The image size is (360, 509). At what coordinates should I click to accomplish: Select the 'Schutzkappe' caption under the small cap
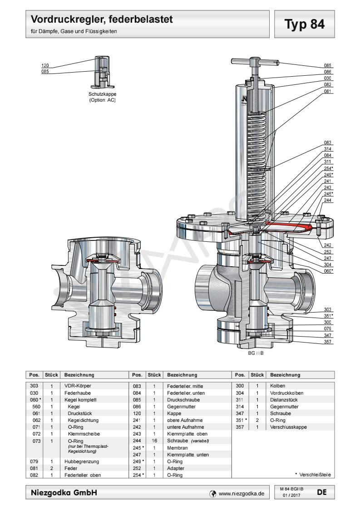click(102, 95)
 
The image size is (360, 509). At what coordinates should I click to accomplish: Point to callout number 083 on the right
click(328, 142)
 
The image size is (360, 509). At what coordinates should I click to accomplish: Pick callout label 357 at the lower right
click(328, 341)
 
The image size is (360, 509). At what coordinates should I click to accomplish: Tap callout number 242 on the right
click(328, 245)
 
